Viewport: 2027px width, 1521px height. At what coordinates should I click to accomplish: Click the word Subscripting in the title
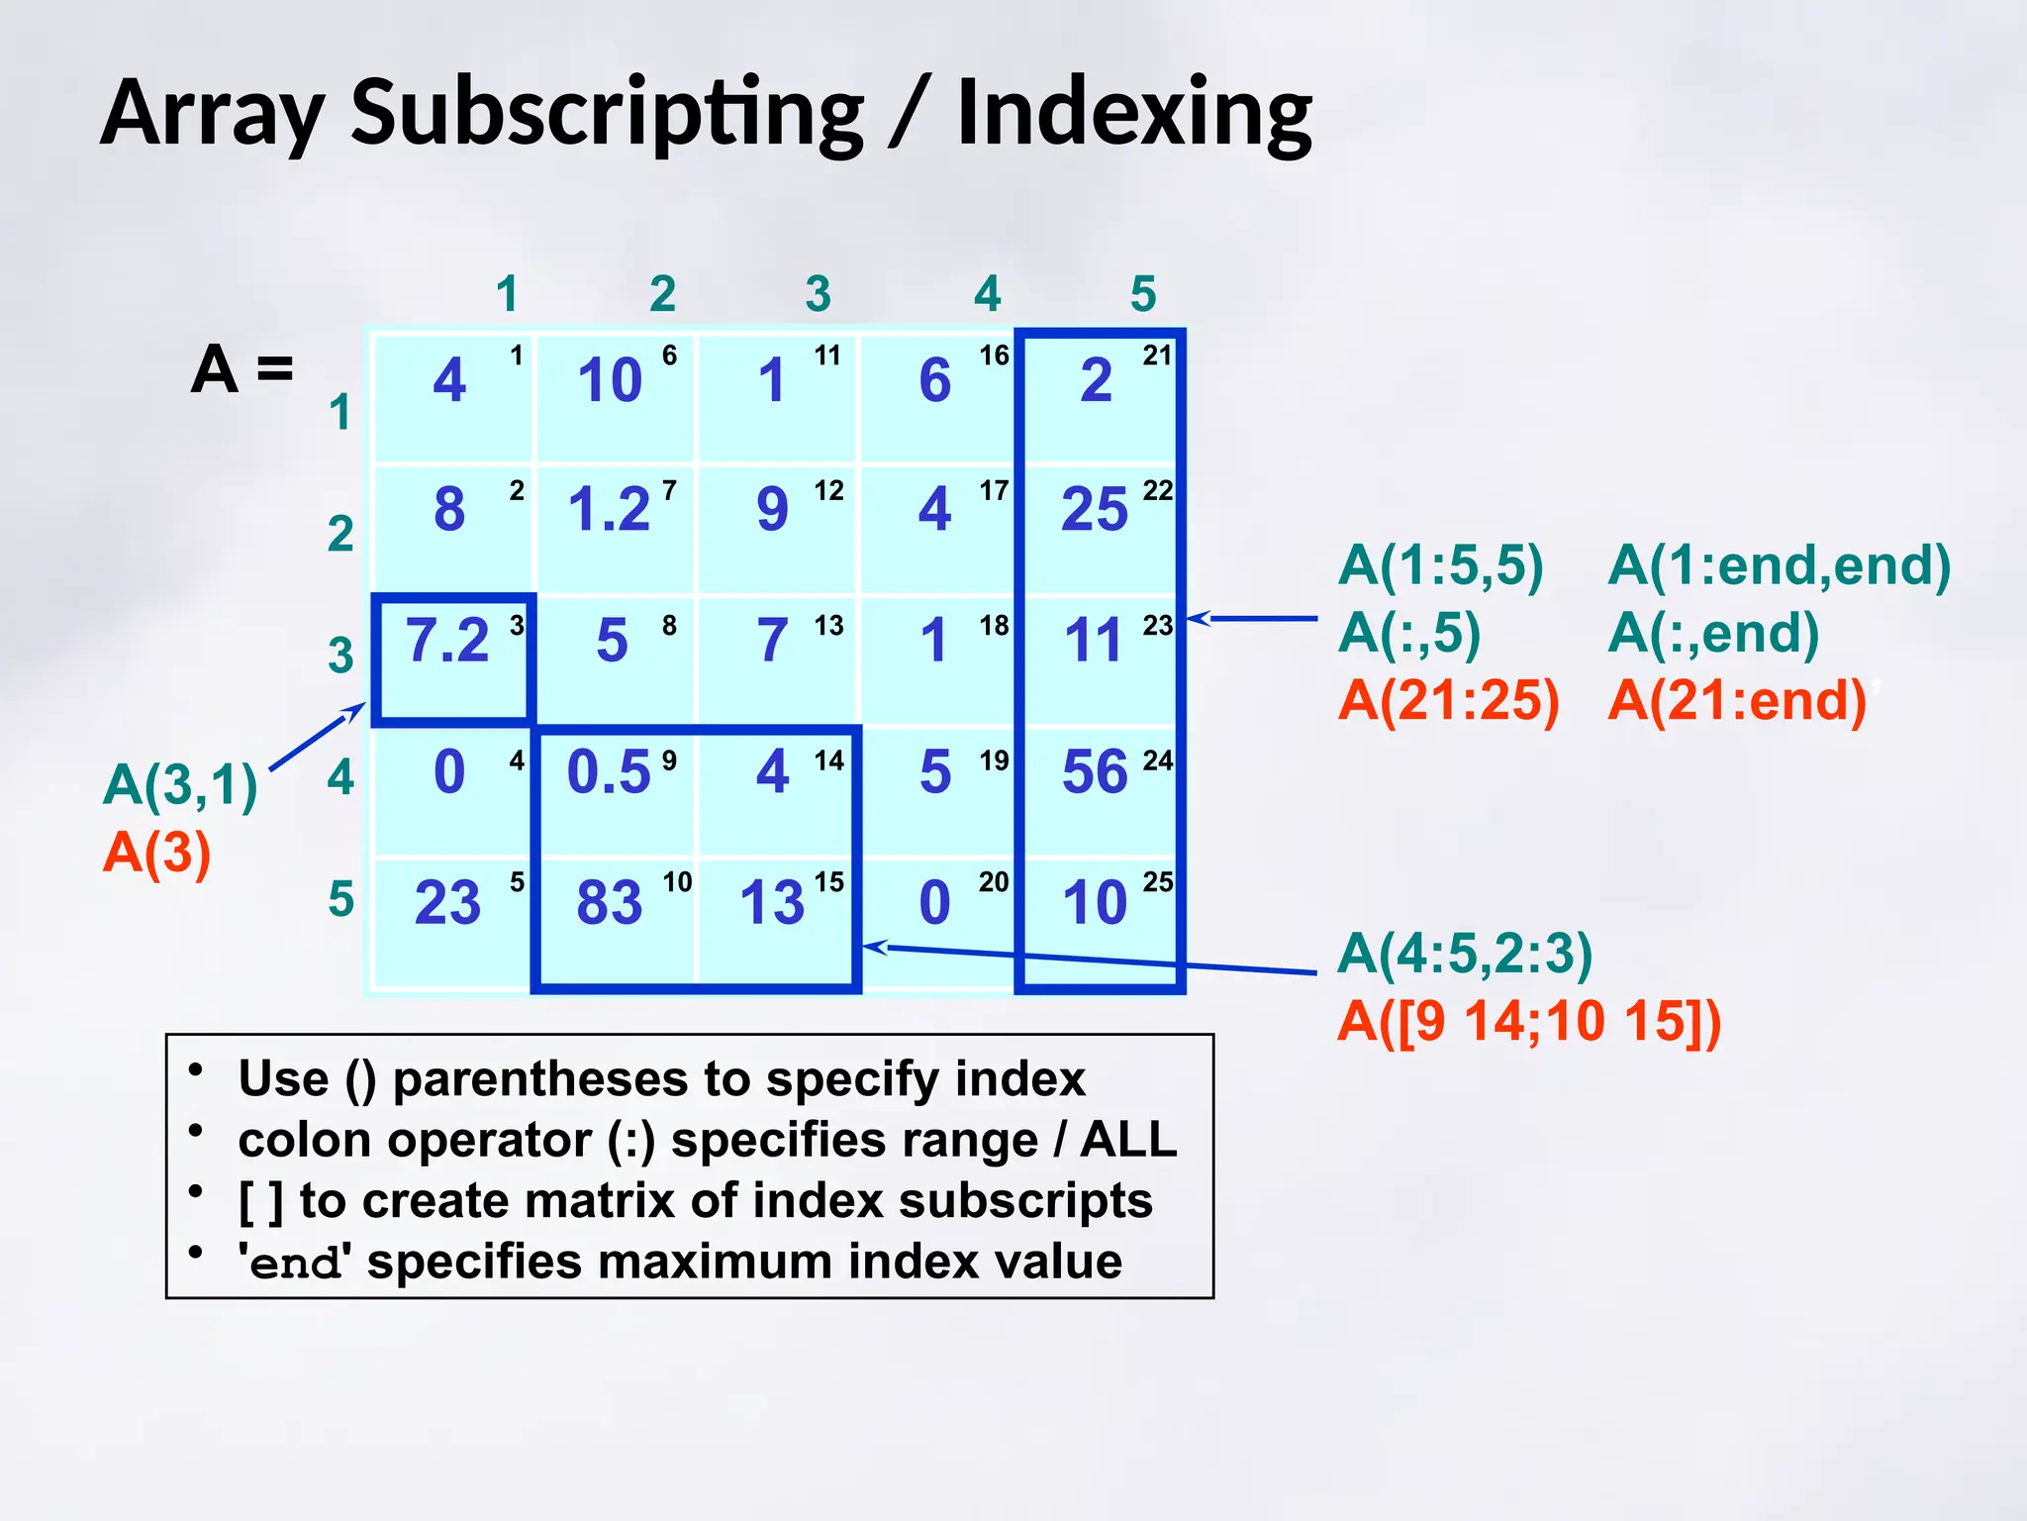(x=608, y=113)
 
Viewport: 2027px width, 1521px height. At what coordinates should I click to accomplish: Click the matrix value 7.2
(x=447, y=641)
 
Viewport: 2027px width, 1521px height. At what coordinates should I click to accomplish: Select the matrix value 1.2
(x=608, y=510)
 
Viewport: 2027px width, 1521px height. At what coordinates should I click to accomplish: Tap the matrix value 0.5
(x=608, y=771)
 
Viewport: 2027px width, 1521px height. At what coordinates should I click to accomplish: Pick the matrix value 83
(x=610, y=902)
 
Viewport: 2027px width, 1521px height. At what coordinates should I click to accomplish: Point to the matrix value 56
(x=1095, y=771)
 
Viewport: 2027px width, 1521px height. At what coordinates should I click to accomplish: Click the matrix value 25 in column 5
(x=1095, y=510)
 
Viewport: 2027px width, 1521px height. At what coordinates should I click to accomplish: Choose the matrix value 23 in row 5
(x=447, y=902)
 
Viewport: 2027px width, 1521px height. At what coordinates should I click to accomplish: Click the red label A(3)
(x=157, y=853)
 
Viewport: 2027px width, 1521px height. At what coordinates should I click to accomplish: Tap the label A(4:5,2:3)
(x=1465, y=954)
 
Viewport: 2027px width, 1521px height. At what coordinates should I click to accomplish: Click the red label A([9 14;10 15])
(x=1529, y=1021)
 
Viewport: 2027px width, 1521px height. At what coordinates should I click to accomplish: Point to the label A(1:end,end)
(x=1779, y=565)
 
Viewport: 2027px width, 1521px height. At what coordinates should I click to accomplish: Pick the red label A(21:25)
(x=1448, y=700)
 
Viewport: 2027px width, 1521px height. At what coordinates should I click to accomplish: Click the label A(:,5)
(x=1408, y=633)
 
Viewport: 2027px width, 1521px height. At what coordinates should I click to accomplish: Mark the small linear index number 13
(x=828, y=626)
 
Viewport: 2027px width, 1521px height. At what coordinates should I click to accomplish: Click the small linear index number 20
(x=994, y=882)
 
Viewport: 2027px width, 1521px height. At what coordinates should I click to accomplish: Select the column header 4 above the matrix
(x=987, y=294)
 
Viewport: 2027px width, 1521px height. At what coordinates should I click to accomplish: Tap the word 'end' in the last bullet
(x=294, y=1263)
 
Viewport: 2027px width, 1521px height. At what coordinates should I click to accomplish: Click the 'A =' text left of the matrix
(x=242, y=369)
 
